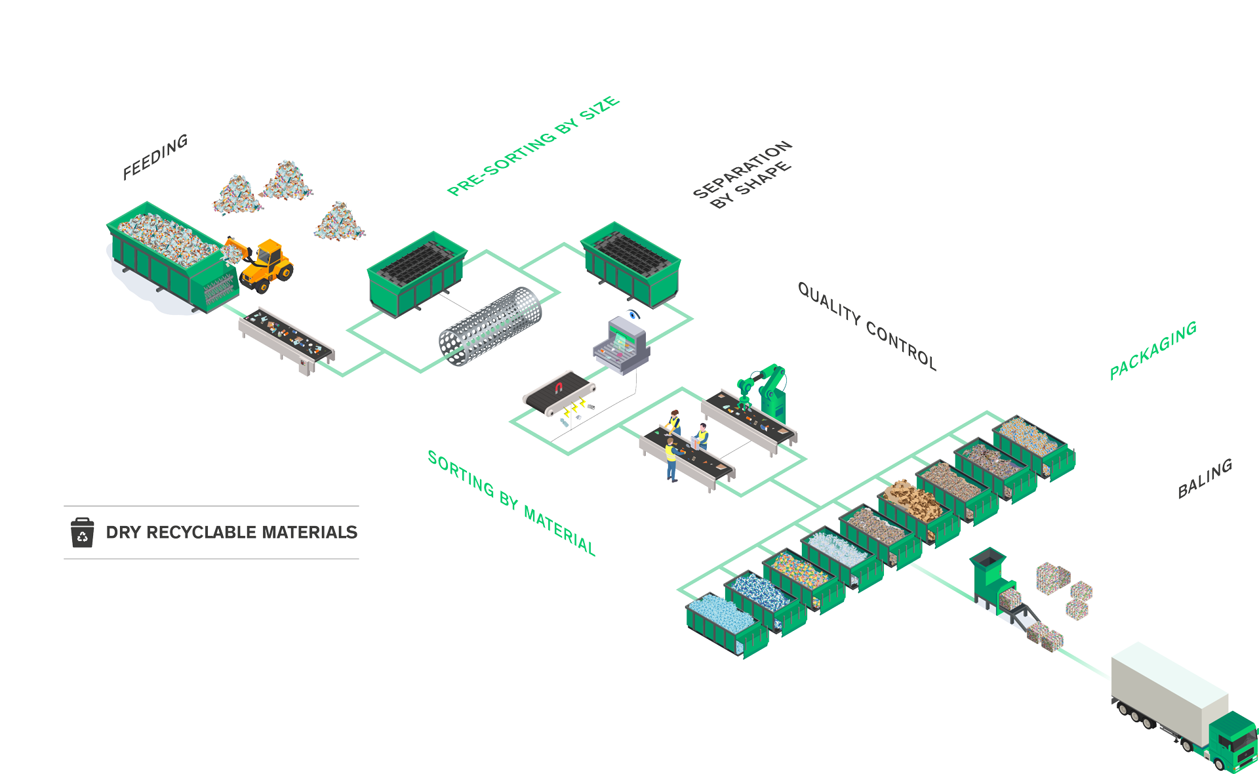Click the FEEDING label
155,157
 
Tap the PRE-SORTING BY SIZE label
533,146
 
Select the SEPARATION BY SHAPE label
743,174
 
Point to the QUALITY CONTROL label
867,325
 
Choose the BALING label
1205,478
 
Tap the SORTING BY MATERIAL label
511,502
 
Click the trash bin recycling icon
82,532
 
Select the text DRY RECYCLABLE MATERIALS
231,532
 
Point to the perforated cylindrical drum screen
490,326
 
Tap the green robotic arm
765,392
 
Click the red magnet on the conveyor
559,388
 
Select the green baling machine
992,578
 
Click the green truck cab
1233,741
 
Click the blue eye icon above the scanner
633,314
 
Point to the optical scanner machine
622,346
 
